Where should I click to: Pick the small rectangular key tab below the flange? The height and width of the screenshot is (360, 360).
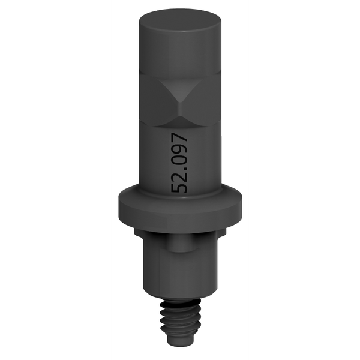coord(181,243)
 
